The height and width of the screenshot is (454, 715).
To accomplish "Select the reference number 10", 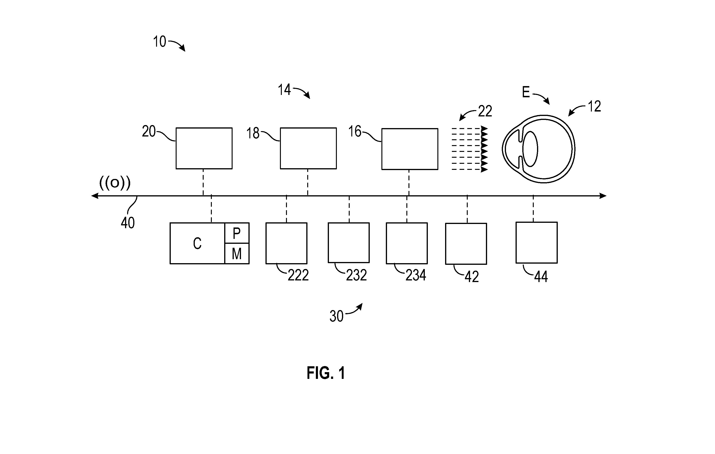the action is point(160,42).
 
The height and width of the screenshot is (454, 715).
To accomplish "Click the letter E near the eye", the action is point(526,92).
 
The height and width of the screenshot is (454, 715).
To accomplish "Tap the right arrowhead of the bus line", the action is point(603,196).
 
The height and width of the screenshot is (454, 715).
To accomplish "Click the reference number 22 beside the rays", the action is point(485,111).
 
